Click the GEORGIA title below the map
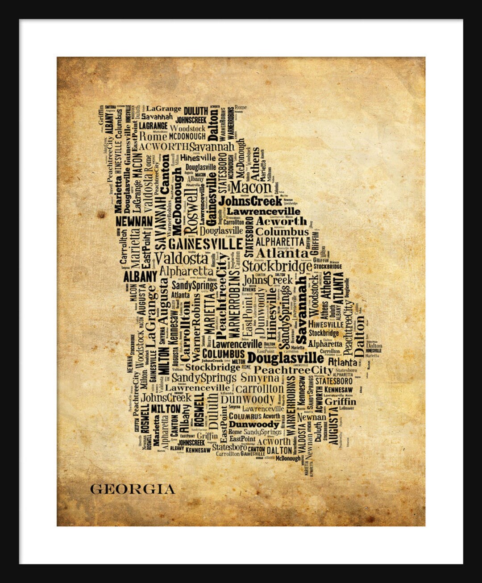pyautogui.click(x=133, y=489)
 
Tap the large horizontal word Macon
pyautogui.click(x=251, y=187)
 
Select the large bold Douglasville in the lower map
pyautogui.click(x=286, y=358)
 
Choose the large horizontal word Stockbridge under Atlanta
pyautogui.click(x=277, y=267)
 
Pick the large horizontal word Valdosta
pyautogui.click(x=181, y=258)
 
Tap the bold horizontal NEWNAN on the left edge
pyautogui.click(x=134, y=221)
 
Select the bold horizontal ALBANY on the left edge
pyautogui.click(x=140, y=276)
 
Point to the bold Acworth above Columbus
pyautogui.click(x=281, y=221)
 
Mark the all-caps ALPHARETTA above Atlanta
pyautogui.click(x=279, y=242)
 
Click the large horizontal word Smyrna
pyautogui.click(x=260, y=378)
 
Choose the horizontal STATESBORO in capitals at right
pyautogui.click(x=334, y=381)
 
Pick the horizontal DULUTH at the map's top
pyautogui.click(x=196, y=111)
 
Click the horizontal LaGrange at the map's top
pyautogui.click(x=164, y=108)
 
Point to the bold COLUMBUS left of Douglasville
pyautogui.click(x=223, y=354)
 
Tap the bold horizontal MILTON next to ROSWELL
pyautogui.click(x=166, y=408)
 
